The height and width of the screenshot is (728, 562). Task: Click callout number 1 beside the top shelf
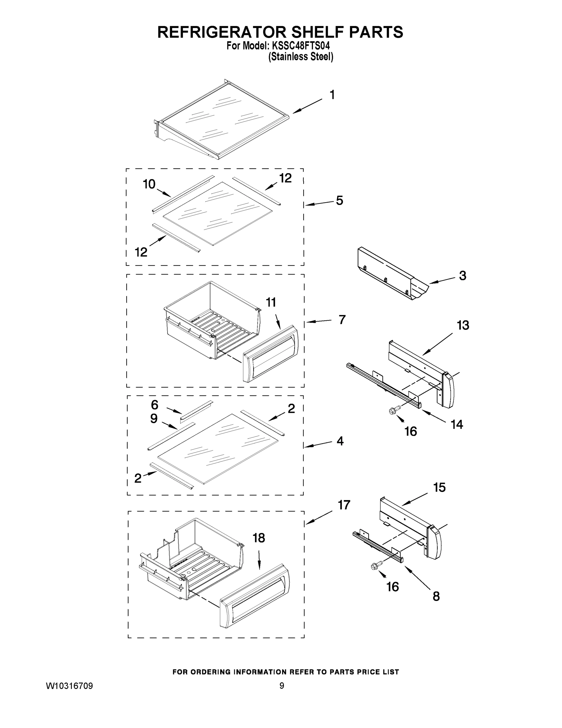(332, 95)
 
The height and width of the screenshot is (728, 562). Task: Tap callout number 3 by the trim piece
(462, 276)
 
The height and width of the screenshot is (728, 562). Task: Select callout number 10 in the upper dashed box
(149, 184)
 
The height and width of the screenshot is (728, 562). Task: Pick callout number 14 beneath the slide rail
(457, 424)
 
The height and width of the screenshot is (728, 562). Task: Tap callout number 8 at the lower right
(436, 596)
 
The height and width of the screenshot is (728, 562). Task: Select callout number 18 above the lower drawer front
(259, 538)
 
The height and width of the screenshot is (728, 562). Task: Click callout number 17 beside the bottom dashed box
(344, 505)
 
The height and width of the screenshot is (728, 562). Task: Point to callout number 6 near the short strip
(155, 405)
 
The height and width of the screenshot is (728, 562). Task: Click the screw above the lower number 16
(375, 565)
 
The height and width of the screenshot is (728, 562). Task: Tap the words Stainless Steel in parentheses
(301, 57)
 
